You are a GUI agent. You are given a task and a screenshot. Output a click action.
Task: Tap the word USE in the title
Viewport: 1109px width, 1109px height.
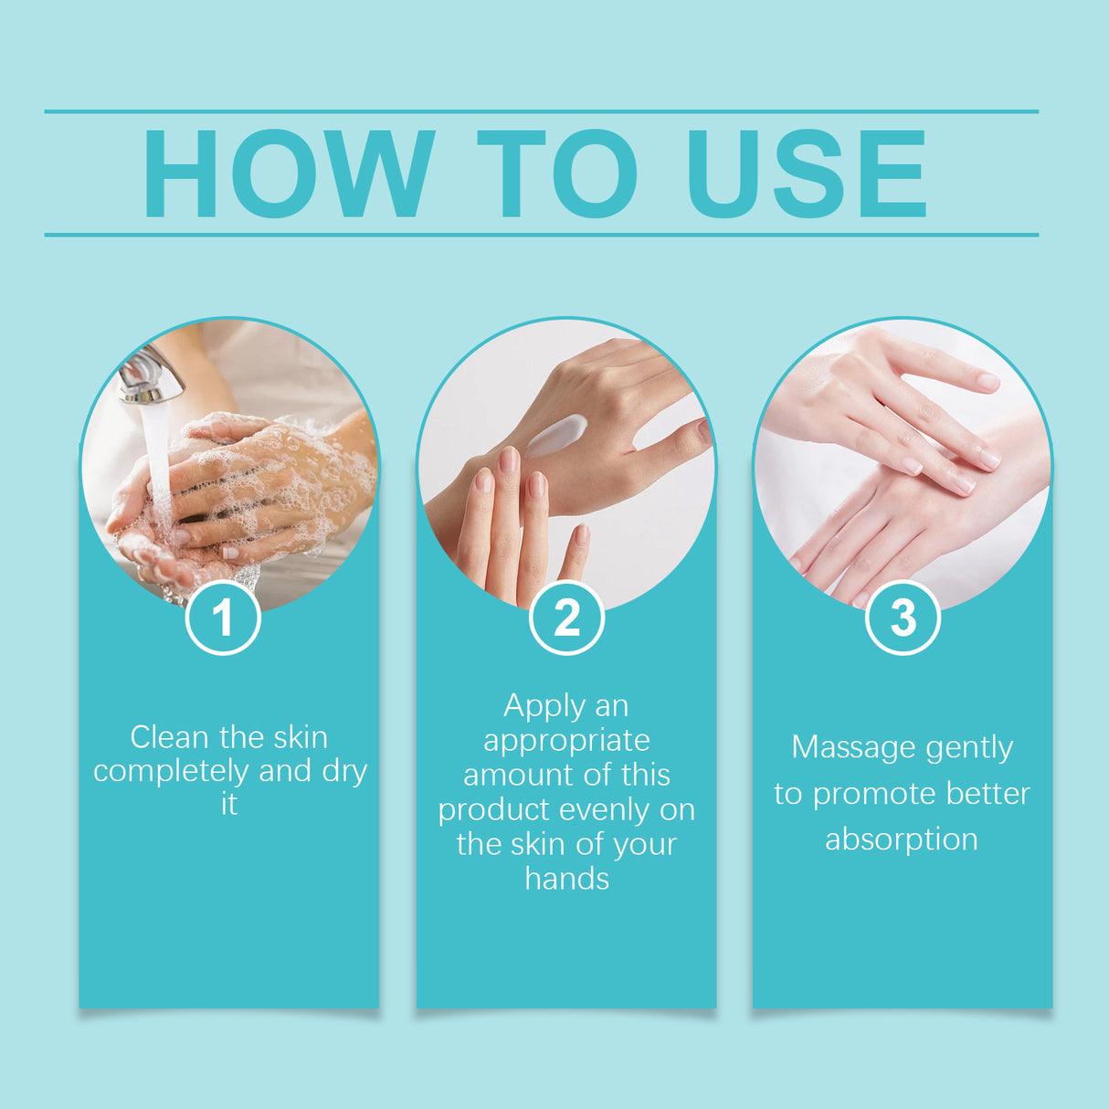coord(806,174)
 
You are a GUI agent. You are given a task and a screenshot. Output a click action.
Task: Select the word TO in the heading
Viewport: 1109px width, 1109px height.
coord(556,174)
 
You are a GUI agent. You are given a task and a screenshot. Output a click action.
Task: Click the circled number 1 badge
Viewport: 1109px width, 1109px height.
coord(223,618)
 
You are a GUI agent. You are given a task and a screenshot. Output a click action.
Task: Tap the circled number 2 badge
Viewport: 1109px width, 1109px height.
coord(566,618)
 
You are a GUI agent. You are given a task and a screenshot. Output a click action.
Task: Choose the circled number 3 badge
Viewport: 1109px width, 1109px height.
coord(903,618)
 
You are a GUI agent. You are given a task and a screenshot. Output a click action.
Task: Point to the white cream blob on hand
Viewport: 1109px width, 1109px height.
coord(556,435)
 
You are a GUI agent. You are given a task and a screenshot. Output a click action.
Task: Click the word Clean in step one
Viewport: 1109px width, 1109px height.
coord(169,736)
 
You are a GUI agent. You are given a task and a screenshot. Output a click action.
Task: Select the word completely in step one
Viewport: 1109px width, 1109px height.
coord(171,771)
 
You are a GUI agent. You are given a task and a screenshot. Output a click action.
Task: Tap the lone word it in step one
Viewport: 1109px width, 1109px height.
coord(228,804)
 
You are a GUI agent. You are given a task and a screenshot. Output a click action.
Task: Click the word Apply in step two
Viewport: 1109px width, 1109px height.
coord(544,706)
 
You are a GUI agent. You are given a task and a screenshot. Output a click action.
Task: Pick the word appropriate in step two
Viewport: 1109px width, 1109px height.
coord(566,740)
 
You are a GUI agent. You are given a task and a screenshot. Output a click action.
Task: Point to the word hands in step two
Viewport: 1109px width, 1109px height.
coord(566,879)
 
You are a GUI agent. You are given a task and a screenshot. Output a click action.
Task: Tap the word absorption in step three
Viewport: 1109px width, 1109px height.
coord(902,839)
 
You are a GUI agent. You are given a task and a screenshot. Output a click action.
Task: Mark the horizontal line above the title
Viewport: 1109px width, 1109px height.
coord(541,111)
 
